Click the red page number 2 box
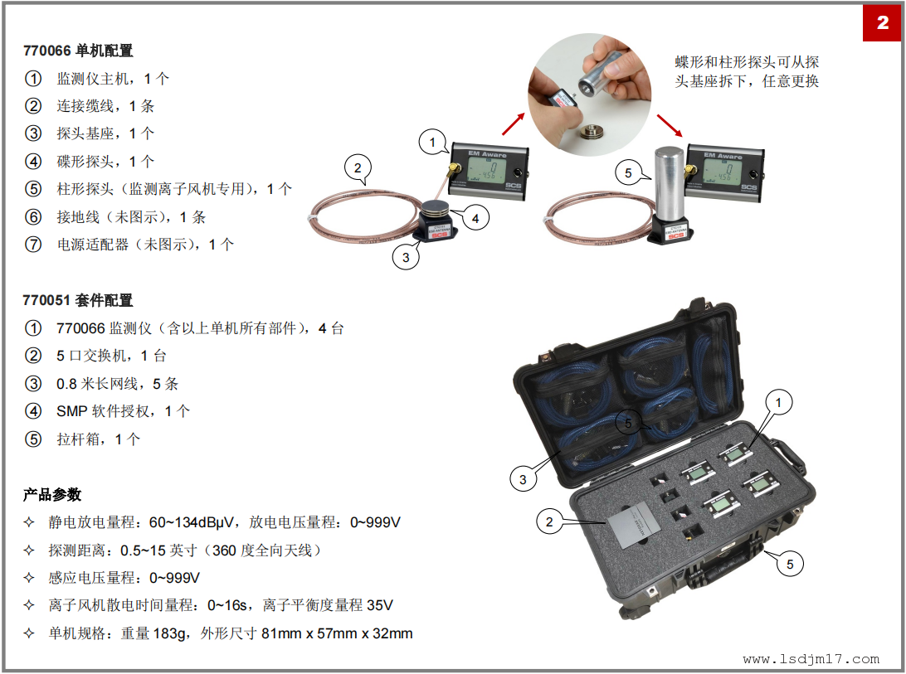pyautogui.click(x=883, y=23)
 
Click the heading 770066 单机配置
pyautogui.click(x=78, y=51)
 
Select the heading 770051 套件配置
pyautogui.click(x=78, y=300)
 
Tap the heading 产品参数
pyautogui.click(x=52, y=494)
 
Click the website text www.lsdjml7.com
pyautogui.click(x=811, y=659)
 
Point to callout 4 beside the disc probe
pyautogui.click(x=475, y=218)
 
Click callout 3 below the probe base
pyautogui.click(x=406, y=257)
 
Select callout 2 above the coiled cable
pyautogui.click(x=358, y=167)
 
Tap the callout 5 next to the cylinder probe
pyautogui.click(x=628, y=172)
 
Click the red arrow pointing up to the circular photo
pyautogui.click(x=513, y=124)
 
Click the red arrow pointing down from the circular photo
pyautogui.click(x=670, y=125)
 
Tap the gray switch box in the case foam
pyautogui.click(x=634, y=523)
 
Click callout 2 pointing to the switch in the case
pyautogui.click(x=549, y=522)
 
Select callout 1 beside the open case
pyautogui.click(x=778, y=403)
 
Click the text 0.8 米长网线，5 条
pyautogui.click(x=117, y=384)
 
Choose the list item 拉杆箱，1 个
pyautogui.click(x=98, y=439)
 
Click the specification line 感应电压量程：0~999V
pyautogui.click(x=124, y=578)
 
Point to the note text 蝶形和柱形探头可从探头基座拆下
pyautogui.click(x=747, y=71)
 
